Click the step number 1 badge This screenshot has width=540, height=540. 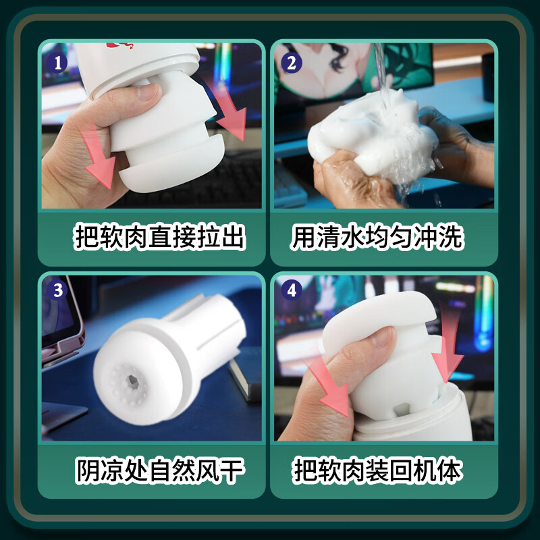(58, 63)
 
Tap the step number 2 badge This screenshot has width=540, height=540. (292, 63)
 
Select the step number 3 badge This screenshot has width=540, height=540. (58, 291)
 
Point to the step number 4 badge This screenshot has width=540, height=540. (292, 291)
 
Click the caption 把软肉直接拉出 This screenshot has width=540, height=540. (159, 238)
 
